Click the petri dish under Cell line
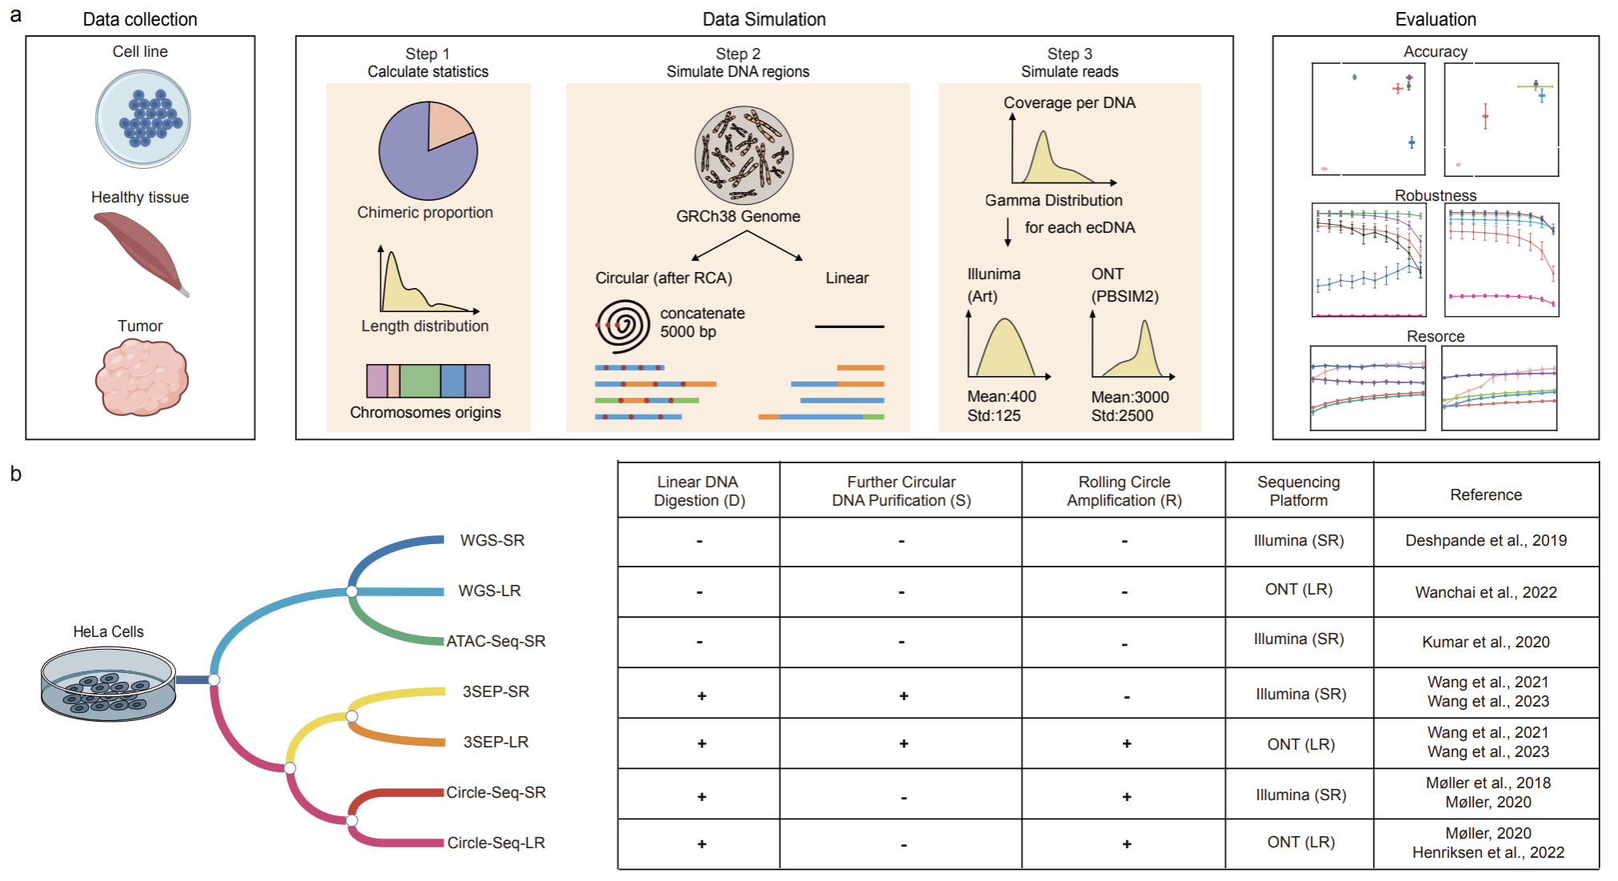coord(143,118)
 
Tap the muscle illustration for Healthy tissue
coord(141,251)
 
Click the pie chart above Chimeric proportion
coord(428,150)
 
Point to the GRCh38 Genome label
coord(738,216)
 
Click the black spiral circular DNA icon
coord(624,326)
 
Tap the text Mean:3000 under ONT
coord(1130,397)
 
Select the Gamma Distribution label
coord(1053,200)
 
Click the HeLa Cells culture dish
coord(108,684)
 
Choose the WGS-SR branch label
coord(492,540)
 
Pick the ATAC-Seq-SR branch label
coord(496,641)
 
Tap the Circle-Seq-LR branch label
coord(496,843)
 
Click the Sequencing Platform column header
coord(1298,491)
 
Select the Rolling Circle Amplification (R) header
coord(1123,491)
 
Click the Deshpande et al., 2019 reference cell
coord(1485,540)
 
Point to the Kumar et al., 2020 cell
coord(1485,642)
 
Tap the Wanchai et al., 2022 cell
coord(1485,592)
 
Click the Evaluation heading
coord(1436,19)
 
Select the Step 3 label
coord(1069,54)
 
